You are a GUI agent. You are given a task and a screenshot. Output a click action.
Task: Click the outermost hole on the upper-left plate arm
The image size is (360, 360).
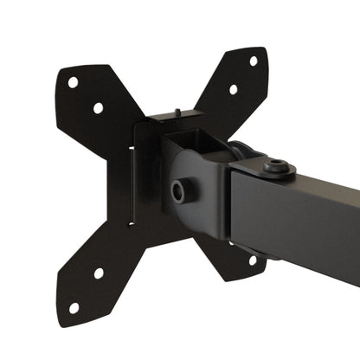[73, 82]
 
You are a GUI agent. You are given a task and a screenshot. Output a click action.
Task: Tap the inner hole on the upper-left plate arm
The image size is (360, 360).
[98, 108]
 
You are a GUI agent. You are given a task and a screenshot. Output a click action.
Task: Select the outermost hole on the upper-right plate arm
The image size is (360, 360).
[254, 61]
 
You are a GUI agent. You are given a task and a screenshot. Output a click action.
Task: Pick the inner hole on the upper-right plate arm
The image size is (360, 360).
[233, 89]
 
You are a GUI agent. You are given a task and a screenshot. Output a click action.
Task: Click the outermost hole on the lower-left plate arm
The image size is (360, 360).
[74, 306]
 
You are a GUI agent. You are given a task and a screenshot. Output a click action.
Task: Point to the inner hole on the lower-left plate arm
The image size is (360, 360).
[99, 273]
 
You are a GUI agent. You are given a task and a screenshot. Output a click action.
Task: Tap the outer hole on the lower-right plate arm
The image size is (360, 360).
[253, 260]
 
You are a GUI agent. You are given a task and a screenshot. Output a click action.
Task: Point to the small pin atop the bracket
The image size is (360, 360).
[176, 111]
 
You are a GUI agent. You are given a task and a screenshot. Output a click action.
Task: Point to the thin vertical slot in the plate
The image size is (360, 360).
[132, 182]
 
